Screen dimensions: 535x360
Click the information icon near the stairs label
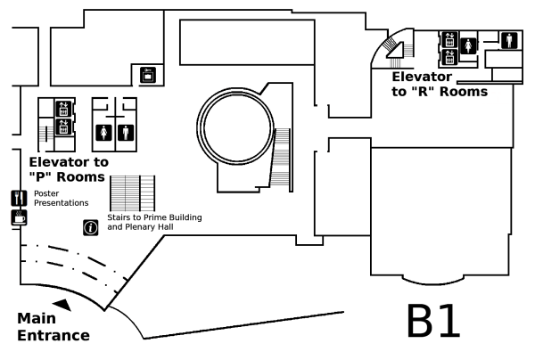[x=91, y=228]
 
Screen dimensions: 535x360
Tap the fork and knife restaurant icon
[x=19, y=198]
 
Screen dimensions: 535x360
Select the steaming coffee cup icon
[x=19, y=217]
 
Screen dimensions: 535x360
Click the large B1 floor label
[x=433, y=321]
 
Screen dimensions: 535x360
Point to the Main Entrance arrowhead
[x=62, y=305]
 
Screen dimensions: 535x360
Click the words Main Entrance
[x=53, y=327]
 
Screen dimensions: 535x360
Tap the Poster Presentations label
[x=61, y=198]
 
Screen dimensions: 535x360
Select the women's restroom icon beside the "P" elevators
[x=103, y=133]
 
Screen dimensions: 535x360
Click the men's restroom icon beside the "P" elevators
[x=126, y=133]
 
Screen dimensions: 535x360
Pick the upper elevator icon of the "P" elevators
[x=63, y=109]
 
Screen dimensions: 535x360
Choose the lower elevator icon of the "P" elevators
[x=63, y=127]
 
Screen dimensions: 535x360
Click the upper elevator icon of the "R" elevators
[x=449, y=39]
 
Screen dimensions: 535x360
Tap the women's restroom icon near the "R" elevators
[x=468, y=45]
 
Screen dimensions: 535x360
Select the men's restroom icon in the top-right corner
[x=509, y=40]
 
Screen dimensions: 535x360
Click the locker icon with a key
[x=148, y=75]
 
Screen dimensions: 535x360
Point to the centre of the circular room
[x=237, y=127]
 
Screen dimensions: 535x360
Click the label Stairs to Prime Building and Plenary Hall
[x=154, y=222]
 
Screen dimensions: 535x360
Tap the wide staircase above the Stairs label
[x=132, y=193]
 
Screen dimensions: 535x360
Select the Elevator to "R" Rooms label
[x=440, y=84]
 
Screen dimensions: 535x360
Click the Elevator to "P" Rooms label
[x=69, y=169]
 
